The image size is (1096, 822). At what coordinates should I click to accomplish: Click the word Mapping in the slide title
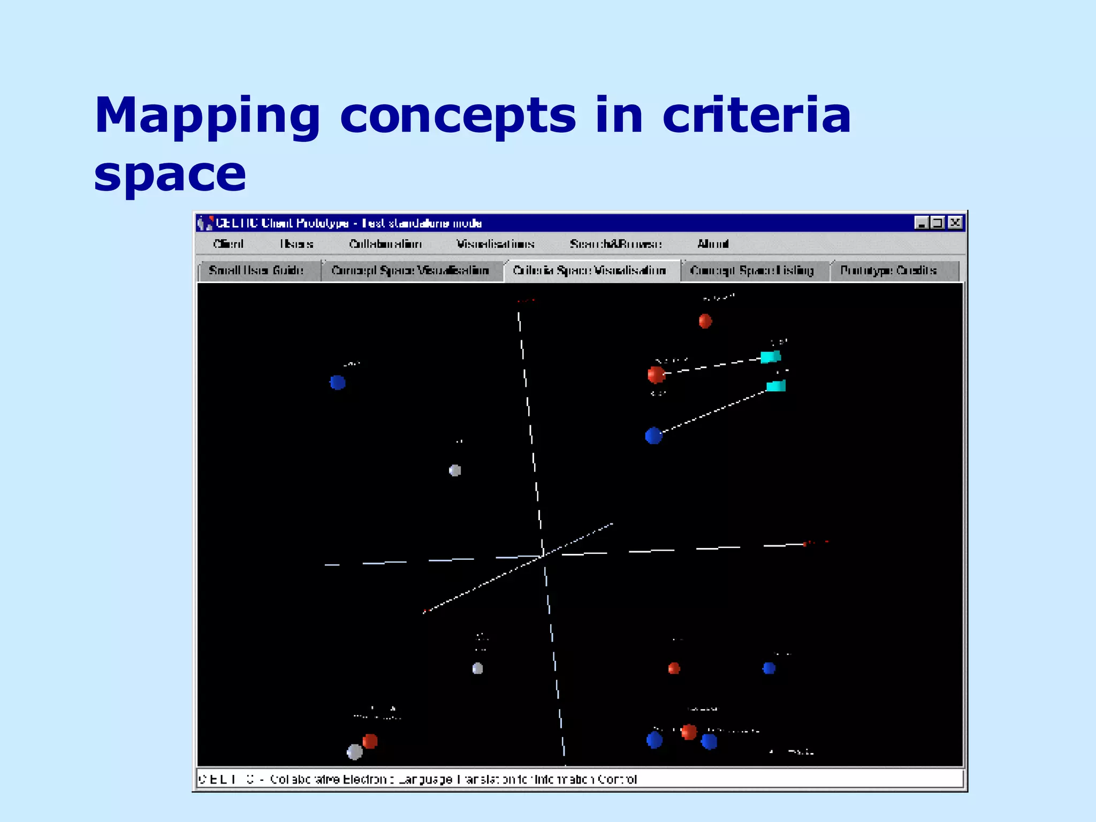(207, 117)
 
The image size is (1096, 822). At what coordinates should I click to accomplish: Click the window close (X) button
(955, 223)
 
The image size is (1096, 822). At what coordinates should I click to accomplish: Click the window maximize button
(938, 223)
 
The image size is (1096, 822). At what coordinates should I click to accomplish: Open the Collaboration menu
(385, 244)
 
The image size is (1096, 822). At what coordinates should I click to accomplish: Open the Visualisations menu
(495, 244)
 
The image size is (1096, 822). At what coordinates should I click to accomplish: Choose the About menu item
(713, 244)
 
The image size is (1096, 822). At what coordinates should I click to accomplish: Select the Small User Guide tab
(256, 270)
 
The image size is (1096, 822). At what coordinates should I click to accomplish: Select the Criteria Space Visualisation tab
(589, 270)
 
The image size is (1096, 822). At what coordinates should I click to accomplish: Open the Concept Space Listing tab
(752, 270)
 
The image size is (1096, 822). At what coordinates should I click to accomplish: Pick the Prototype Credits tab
(888, 270)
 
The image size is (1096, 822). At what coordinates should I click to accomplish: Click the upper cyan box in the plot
(771, 356)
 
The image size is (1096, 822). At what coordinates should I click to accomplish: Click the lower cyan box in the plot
(776, 386)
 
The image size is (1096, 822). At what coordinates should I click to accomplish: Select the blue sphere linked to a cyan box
(653, 436)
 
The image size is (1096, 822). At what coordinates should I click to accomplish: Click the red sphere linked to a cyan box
(656, 375)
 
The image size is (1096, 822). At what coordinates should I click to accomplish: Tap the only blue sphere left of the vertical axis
(338, 382)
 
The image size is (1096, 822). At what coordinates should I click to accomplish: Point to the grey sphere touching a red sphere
(355, 752)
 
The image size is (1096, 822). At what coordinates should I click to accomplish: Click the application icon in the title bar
(205, 223)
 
